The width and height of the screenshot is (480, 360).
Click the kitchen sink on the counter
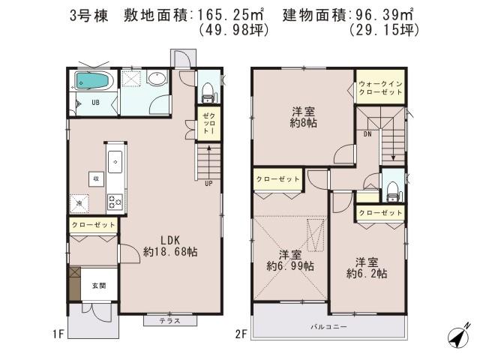click(115, 159)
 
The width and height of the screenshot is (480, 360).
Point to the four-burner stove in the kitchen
click(115, 200)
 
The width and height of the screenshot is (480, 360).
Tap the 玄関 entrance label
click(99, 285)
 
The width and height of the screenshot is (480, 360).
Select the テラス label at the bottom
click(170, 321)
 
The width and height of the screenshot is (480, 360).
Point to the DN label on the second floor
click(368, 134)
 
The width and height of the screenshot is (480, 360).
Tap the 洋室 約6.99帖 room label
click(290, 259)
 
